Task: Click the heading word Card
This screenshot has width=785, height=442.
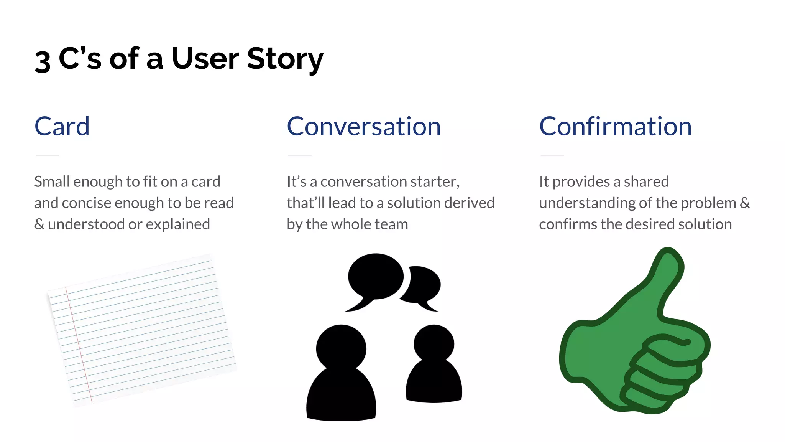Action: [x=62, y=126]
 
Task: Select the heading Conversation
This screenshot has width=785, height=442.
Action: [x=364, y=126]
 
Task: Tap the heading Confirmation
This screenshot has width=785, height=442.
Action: [x=615, y=126]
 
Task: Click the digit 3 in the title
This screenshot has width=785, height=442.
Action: [x=43, y=61]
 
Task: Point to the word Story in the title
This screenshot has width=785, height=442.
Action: [x=285, y=59]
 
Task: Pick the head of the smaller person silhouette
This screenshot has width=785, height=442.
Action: [x=434, y=344]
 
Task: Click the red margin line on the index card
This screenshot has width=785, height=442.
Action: [x=79, y=345]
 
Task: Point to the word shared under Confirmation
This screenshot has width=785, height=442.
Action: [x=646, y=182]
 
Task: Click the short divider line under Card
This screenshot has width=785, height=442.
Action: [x=47, y=156]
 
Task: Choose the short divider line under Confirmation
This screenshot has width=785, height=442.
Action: [x=552, y=156]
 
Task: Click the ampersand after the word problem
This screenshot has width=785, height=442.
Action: [x=744, y=203]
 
